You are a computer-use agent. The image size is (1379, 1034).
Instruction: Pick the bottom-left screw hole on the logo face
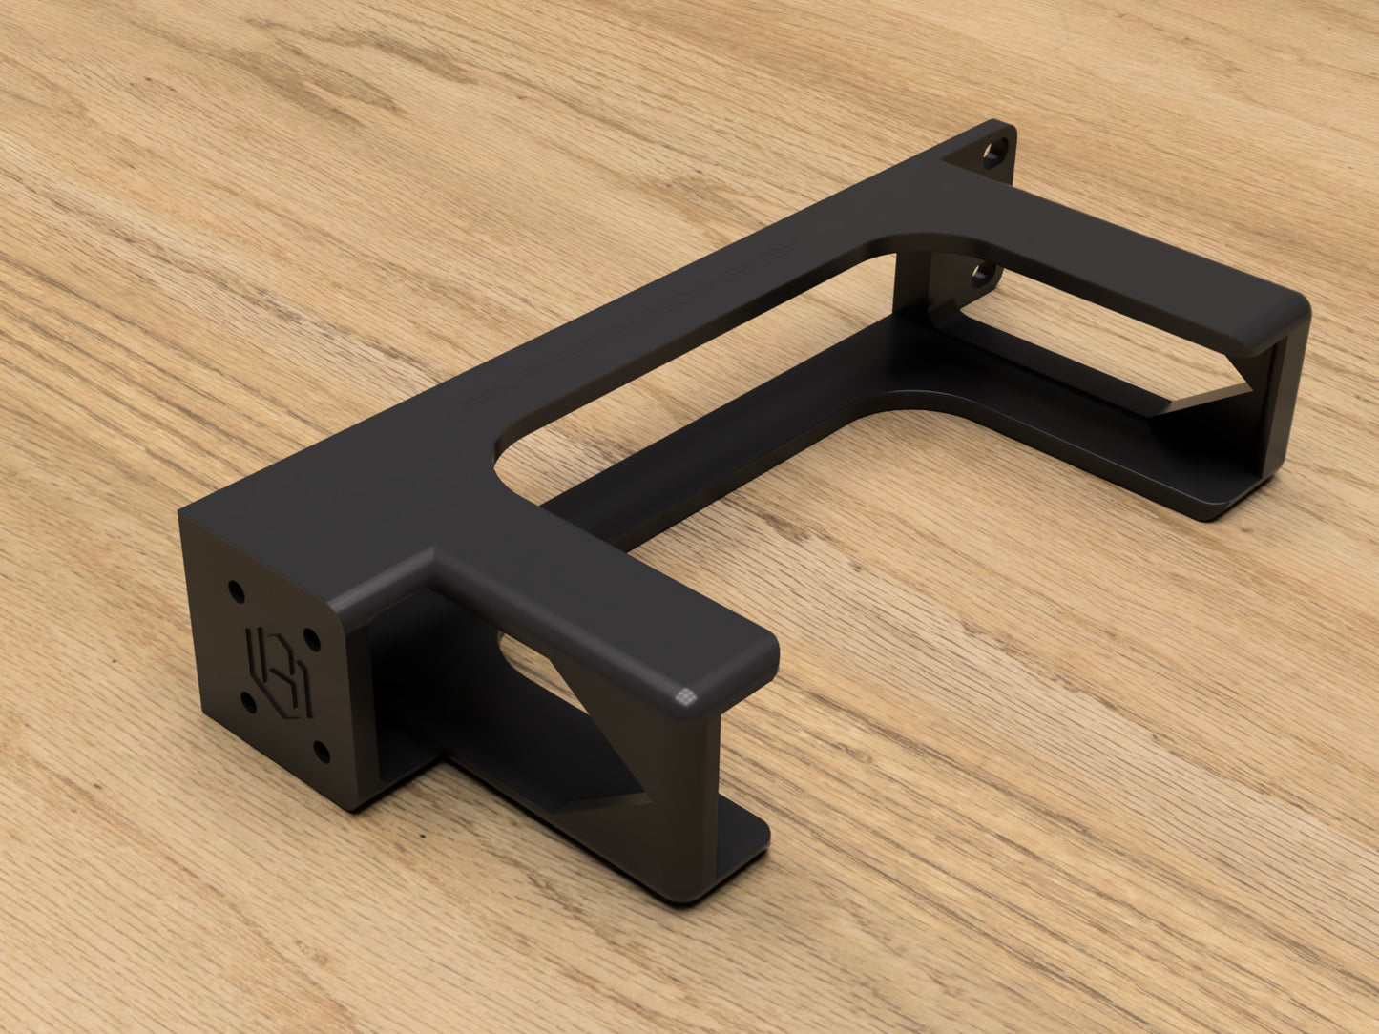click(249, 703)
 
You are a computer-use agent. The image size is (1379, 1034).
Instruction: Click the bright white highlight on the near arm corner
click(685, 695)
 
